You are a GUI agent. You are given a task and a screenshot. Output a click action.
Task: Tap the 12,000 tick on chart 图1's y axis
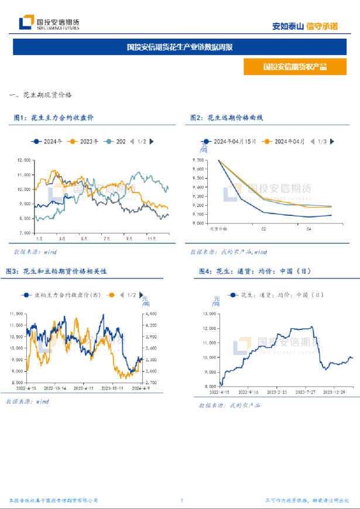24,159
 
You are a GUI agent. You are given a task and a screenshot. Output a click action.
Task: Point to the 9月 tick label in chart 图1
128,239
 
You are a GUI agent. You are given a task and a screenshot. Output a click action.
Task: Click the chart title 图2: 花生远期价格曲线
227,118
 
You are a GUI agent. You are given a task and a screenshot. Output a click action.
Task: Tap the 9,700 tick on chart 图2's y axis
197,160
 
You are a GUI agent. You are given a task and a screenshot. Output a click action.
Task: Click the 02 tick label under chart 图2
263,229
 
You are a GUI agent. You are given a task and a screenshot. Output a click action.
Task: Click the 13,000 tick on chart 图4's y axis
209,313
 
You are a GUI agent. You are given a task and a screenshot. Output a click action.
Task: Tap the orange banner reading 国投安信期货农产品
294,66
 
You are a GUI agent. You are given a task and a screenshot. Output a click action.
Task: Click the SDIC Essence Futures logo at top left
49,23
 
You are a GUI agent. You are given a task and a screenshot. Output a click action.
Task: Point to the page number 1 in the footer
182,500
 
